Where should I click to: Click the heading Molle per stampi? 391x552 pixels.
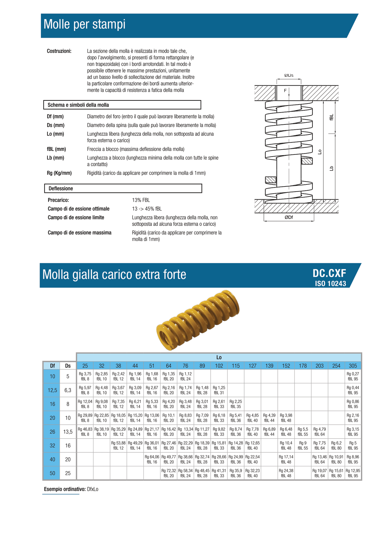tap(84, 24)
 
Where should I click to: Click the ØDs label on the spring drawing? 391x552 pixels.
tap(289, 75)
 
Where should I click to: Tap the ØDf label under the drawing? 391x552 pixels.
tap(289, 217)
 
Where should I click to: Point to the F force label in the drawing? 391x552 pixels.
tap(285, 91)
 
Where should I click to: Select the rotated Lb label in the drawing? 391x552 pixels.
tap(331, 168)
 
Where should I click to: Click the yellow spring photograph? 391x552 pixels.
tap(198, 320)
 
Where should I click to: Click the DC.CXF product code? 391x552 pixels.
tap(329, 273)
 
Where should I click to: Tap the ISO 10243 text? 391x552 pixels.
tap(330, 284)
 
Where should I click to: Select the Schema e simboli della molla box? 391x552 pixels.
tap(122, 105)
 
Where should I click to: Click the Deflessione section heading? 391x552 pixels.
tap(123, 188)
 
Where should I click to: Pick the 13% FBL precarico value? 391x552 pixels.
tap(141, 200)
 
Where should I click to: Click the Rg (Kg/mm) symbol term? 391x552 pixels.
tap(59, 173)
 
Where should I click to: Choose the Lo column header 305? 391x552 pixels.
tap(353, 366)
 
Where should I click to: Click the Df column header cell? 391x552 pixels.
tap(52, 366)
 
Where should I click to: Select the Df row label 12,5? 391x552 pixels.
tap(52, 390)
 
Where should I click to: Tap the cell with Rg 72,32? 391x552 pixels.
tap(169, 473)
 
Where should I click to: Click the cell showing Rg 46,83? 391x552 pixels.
tap(85, 431)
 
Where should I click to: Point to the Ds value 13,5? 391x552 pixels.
tap(68, 432)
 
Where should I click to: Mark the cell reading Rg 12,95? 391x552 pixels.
tap(353, 473)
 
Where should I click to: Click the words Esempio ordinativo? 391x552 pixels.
tap(65, 489)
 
